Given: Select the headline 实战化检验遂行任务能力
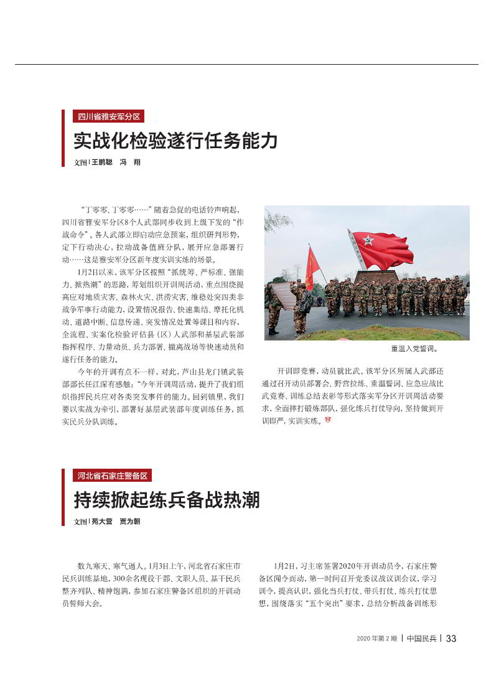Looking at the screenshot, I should (175, 141).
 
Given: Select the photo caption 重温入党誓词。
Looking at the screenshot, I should (414, 349).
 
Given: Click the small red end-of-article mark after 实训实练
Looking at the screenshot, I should (327, 421).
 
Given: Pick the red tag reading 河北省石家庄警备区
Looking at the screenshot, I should (112, 476).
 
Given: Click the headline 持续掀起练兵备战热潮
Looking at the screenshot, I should (166, 500).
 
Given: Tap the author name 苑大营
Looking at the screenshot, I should (101, 522).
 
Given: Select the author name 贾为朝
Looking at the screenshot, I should (130, 522).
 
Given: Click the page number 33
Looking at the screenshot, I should (451, 639).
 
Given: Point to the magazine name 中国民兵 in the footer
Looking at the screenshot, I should (422, 639).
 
